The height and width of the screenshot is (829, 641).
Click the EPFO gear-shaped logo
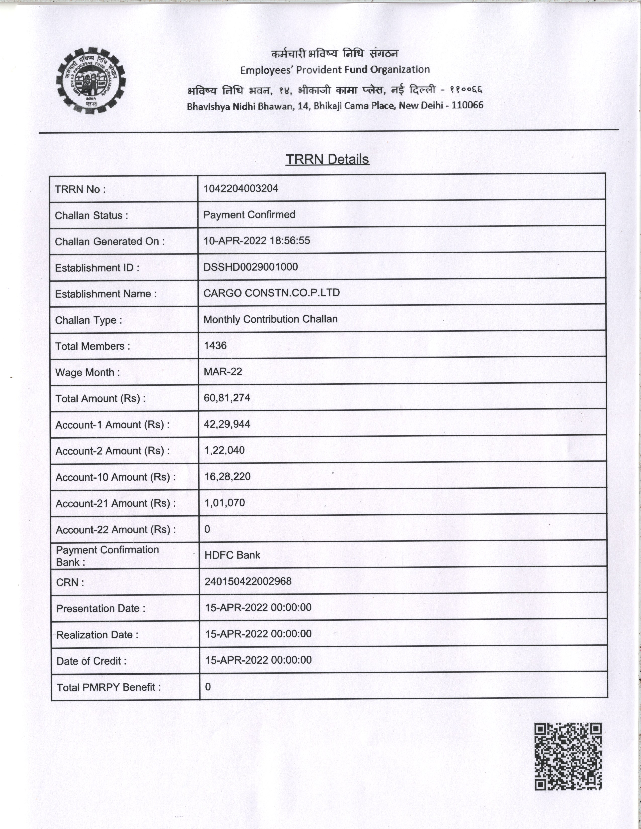[x=91, y=80]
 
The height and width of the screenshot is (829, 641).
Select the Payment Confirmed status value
[x=249, y=215]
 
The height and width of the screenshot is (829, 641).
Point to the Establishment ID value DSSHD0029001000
[x=251, y=267]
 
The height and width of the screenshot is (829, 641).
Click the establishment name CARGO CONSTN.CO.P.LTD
[x=271, y=293]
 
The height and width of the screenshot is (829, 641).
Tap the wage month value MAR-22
[x=223, y=371]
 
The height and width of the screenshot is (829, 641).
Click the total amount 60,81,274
[x=227, y=398]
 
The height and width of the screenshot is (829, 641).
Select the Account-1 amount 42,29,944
[x=227, y=424]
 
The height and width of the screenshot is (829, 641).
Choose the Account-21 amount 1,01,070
[x=225, y=503]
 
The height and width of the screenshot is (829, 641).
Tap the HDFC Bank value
[x=233, y=555]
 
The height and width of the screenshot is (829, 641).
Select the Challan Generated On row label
[x=110, y=241]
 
